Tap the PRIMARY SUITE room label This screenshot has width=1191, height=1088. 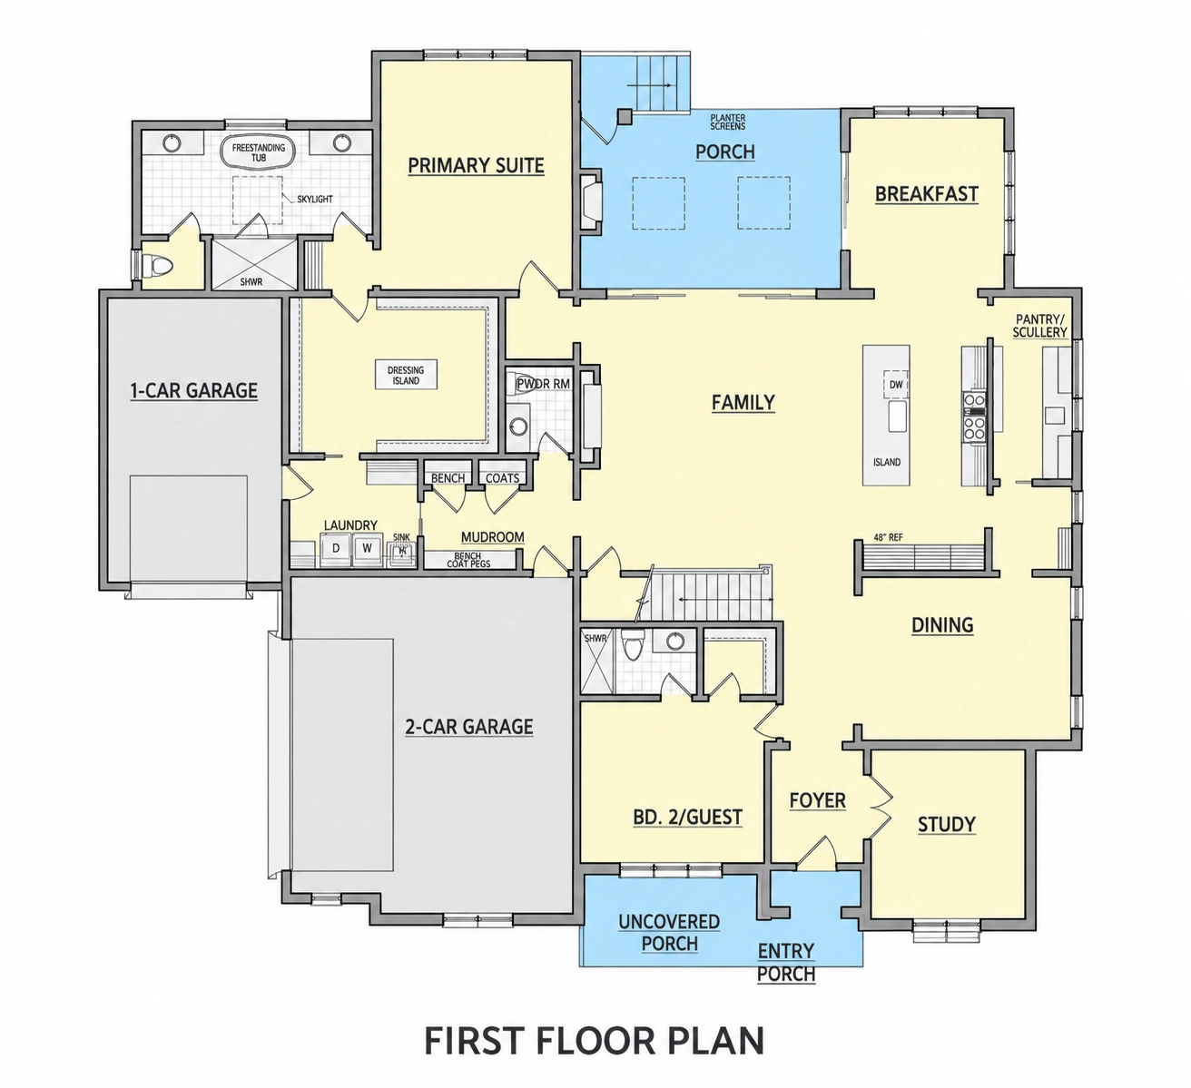tap(477, 165)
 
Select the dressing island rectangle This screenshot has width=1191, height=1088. tap(406, 375)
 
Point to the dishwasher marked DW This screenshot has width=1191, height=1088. tap(896, 385)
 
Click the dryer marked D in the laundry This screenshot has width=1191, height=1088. tap(336, 548)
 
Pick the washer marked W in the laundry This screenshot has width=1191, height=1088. tap(368, 548)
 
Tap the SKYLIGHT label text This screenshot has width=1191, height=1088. tap(315, 199)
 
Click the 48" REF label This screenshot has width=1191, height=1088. tap(888, 537)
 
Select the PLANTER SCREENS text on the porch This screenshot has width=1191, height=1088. tap(728, 123)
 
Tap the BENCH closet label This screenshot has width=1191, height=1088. tap(448, 478)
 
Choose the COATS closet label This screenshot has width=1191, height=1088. tap(502, 478)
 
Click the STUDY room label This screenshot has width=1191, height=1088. tap(947, 824)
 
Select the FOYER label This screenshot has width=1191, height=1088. tap(818, 800)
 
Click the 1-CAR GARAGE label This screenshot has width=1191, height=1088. tap(194, 390)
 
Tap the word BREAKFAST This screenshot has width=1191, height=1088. tap(927, 194)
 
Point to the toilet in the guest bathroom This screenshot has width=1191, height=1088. tap(633, 645)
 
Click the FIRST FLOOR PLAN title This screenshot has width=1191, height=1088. tap(594, 1041)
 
